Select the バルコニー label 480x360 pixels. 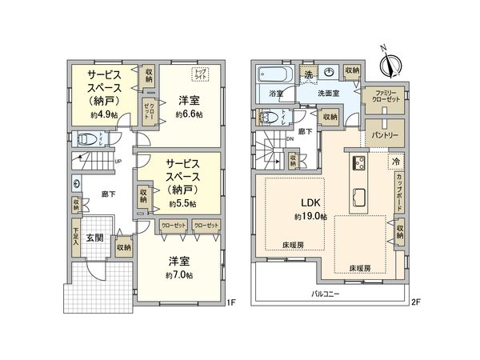(x=326, y=294)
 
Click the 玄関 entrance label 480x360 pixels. (x=94, y=238)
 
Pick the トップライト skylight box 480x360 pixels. (x=199, y=74)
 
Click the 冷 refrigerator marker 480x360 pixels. (x=395, y=161)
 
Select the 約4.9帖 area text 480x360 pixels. (x=105, y=115)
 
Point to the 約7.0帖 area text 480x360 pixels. (x=180, y=276)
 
